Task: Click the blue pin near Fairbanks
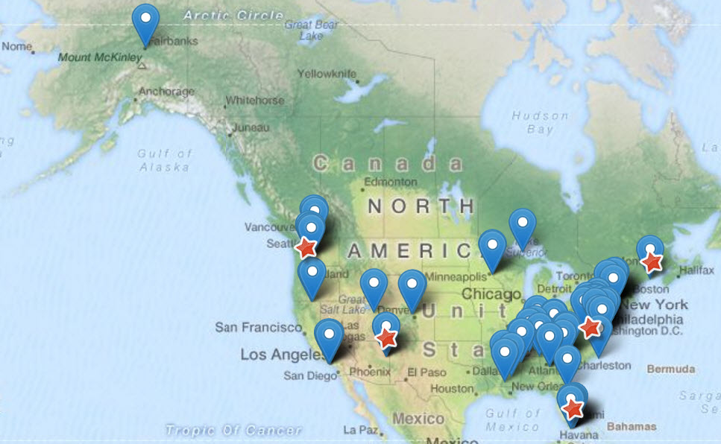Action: (145, 19)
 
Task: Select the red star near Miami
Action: (573, 408)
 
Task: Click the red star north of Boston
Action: (652, 261)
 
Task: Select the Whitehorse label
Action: (255, 100)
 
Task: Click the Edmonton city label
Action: (391, 182)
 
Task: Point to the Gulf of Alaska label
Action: (166, 160)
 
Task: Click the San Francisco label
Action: (259, 327)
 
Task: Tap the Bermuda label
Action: (671, 369)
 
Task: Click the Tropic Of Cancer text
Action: (233, 430)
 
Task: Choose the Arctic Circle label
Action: (233, 15)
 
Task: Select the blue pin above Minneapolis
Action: (492, 246)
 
